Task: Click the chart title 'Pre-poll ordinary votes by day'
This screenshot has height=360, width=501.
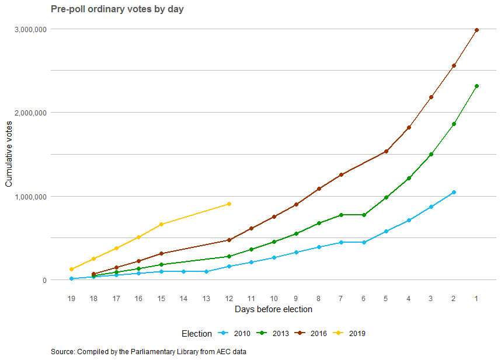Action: (117, 9)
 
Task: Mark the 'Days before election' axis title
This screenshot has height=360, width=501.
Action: (273, 309)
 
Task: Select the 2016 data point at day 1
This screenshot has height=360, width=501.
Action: (476, 30)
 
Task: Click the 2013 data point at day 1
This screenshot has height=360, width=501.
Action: (476, 86)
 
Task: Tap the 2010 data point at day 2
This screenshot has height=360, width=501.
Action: (454, 192)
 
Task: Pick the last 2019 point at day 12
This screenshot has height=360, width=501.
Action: (229, 204)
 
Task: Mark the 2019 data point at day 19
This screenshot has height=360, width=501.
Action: (71, 269)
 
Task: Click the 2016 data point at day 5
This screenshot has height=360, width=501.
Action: (386, 151)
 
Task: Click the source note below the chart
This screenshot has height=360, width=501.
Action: (152, 352)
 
